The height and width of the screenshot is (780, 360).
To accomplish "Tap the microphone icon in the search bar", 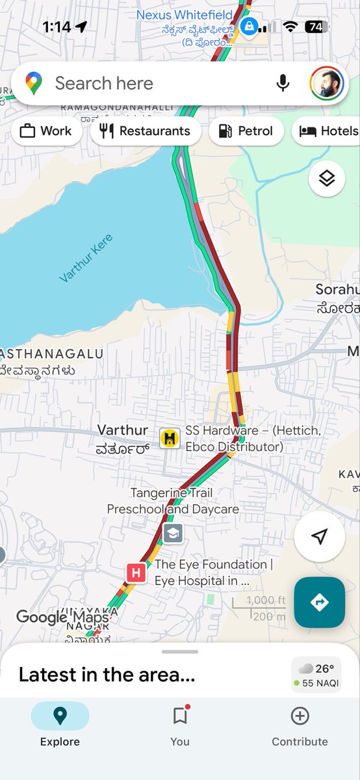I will coord(283,83).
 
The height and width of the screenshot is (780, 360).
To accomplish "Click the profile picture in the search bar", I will coord(326,83).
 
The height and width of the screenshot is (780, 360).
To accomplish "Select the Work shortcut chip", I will coord(46,131).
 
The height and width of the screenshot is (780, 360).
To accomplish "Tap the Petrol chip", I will coord(246,131).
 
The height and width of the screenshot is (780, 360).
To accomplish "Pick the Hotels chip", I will coord(328,131).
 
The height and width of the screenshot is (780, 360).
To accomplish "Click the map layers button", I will coord(326,177).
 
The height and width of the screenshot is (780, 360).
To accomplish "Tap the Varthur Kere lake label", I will coord(86,258).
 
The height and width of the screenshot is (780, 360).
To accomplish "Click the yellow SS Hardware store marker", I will coord(170,437).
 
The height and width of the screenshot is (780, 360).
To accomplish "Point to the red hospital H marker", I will coord(136,573).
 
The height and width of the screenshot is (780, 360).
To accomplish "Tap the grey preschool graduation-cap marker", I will coord(172,534).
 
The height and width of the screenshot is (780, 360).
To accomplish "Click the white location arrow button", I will coord(319,536).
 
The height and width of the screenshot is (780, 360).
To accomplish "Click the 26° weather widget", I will coord(316,675).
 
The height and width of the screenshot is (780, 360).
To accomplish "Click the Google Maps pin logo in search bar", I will coord(34,83).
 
